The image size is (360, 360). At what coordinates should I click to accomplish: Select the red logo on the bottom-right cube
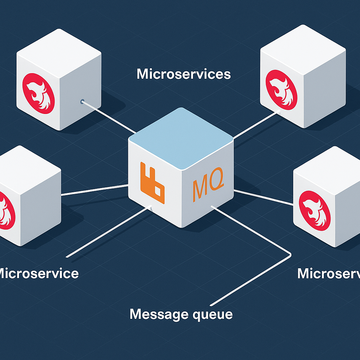pyautogui.click(x=314, y=211)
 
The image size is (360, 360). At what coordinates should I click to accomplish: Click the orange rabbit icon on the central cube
pyautogui.click(x=152, y=183)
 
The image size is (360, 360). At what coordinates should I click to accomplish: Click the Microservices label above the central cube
pyautogui.click(x=184, y=74)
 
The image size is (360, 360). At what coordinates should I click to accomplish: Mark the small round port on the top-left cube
pyautogui.click(x=82, y=102)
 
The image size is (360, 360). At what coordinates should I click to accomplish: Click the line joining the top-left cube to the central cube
pyautogui.click(x=109, y=118)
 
